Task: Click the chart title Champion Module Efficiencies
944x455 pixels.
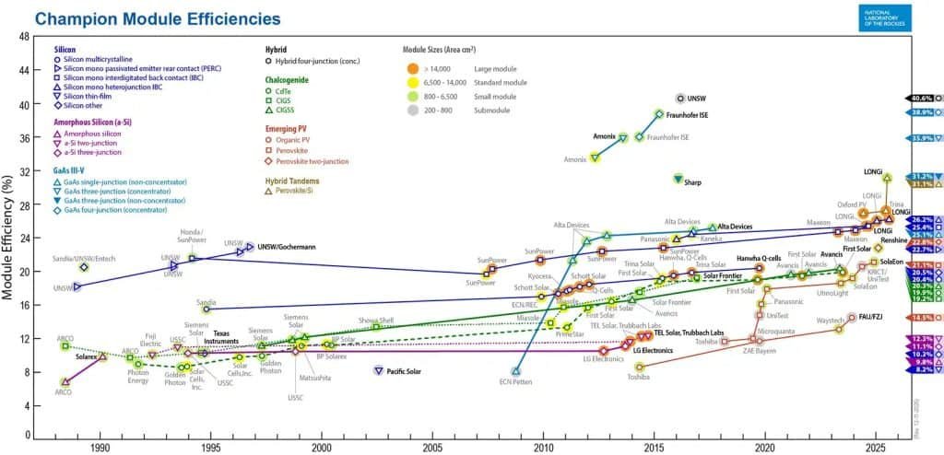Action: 156,18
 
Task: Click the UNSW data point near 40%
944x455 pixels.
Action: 680,98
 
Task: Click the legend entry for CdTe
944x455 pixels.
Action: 287,91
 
